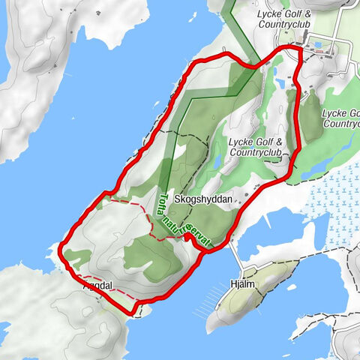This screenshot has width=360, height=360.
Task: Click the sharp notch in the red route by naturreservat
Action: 185,237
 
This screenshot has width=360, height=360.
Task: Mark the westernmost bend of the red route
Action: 58,255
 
